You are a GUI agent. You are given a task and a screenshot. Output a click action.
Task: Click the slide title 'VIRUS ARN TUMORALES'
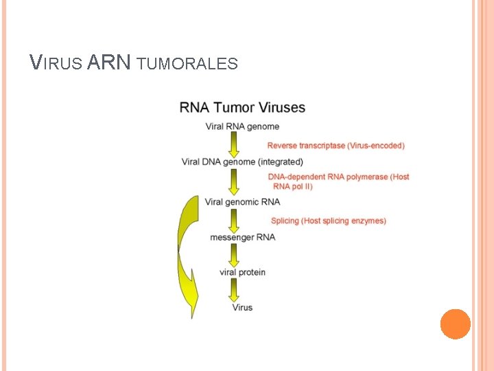(x=134, y=63)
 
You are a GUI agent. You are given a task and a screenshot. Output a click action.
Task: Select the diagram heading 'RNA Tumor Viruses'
(x=242, y=108)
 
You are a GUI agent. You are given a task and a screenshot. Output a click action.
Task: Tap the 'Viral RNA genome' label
(x=242, y=126)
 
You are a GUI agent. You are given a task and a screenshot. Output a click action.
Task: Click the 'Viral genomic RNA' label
(x=242, y=202)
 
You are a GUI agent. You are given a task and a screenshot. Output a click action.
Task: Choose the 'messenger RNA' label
(x=242, y=237)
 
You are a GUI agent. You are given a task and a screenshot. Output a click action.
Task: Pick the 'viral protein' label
(x=242, y=272)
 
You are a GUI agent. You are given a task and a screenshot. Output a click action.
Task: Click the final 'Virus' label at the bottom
(x=242, y=307)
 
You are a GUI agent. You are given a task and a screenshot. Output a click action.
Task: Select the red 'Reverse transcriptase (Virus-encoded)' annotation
(x=336, y=146)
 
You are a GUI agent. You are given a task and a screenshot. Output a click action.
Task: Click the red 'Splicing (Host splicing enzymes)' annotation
(x=328, y=221)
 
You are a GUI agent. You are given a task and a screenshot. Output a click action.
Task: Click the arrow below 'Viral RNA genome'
(x=234, y=144)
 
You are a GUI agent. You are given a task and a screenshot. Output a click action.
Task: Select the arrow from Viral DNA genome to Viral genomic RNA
(x=234, y=181)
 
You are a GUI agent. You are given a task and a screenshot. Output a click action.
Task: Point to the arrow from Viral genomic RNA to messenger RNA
(x=234, y=220)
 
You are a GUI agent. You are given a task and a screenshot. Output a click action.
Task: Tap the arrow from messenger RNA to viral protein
(x=234, y=255)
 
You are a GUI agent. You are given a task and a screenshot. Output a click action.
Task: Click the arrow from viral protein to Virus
(x=234, y=290)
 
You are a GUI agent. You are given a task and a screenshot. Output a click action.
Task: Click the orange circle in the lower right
(x=455, y=324)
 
